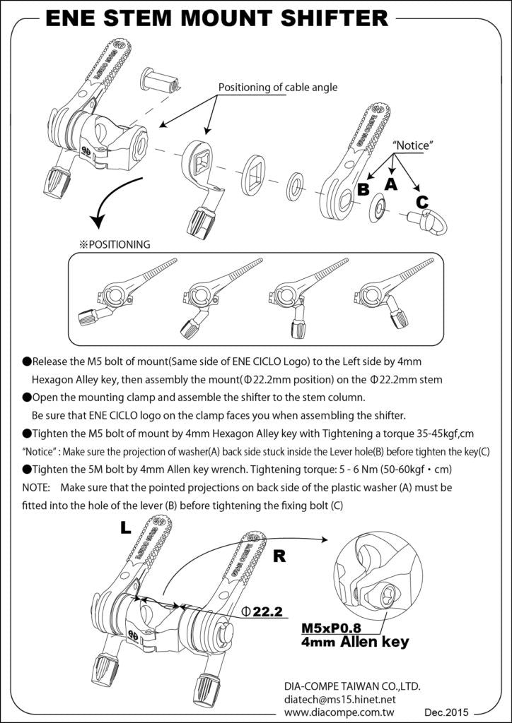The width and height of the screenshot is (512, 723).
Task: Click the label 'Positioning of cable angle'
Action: coord(278,88)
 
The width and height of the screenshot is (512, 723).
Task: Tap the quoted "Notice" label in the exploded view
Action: coord(412,145)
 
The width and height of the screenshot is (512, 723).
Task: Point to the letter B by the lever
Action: coord(363,189)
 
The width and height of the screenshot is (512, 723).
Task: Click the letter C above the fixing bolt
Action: coord(422,201)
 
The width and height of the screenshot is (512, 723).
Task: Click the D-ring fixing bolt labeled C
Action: coord(427,221)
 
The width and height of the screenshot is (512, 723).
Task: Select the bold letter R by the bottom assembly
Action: coord(279,556)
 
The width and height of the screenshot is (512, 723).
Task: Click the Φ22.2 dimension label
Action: coord(262,611)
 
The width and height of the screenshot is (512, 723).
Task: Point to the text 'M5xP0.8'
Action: coord(331,628)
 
